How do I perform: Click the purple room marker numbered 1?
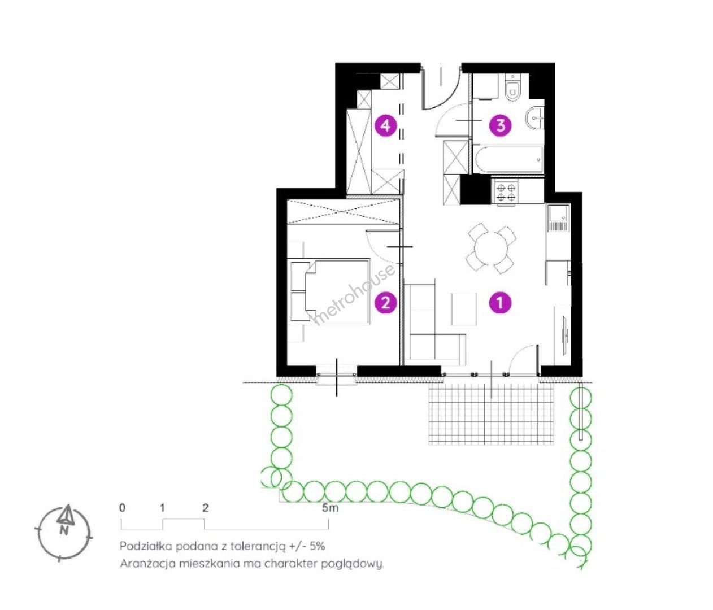(x=500, y=303)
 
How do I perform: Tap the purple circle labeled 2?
(x=386, y=303)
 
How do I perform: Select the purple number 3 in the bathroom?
(x=501, y=125)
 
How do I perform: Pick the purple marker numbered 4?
(x=386, y=125)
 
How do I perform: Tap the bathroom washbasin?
(x=534, y=118)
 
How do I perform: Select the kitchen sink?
(x=558, y=218)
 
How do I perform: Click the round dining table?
(x=491, y=248)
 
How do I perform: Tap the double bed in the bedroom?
(x=330, y=291)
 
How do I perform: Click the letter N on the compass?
(x=64, y=531)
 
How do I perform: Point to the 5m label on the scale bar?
(x=330, y=508)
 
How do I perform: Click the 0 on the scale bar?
(x=122, y=508)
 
